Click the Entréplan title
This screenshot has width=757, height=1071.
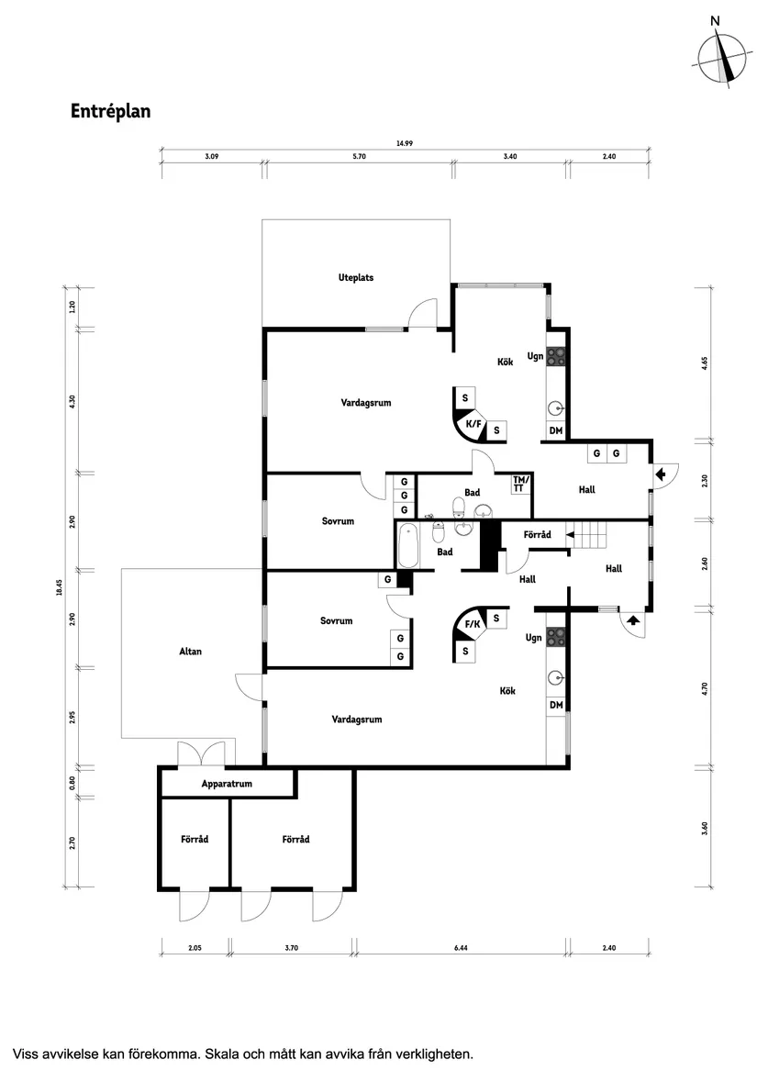coord(110,111)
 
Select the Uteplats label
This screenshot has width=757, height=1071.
coord(356,277)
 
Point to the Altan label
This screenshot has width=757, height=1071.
coord(190,652)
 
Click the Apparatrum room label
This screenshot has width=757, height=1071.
coord(227,784)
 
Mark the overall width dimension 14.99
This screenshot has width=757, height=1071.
coord(405,143)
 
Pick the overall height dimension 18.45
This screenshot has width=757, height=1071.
coord(58,587)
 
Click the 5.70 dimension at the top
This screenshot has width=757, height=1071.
coord(360,157)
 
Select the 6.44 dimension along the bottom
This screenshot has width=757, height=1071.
coord(461,948)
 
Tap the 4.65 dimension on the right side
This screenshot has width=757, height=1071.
coord(705,363)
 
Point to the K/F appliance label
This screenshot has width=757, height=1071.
coord(473,424)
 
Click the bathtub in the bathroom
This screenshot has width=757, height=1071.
coord(408,545)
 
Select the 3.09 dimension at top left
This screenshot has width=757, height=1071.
coord(211,157)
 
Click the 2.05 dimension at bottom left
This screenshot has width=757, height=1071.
coord(194,948)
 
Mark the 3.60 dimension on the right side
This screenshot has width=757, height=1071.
coord(705,827)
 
